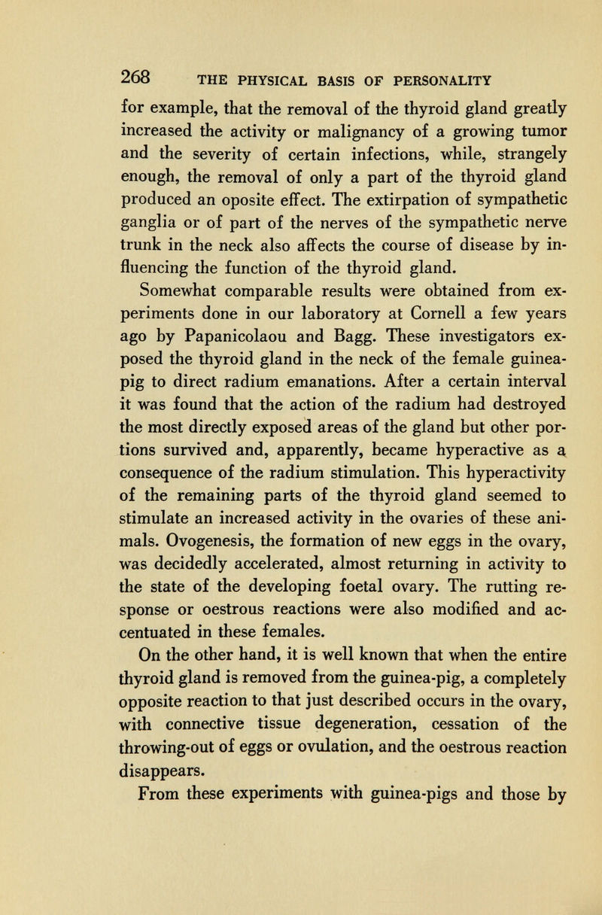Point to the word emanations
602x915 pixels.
314,378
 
